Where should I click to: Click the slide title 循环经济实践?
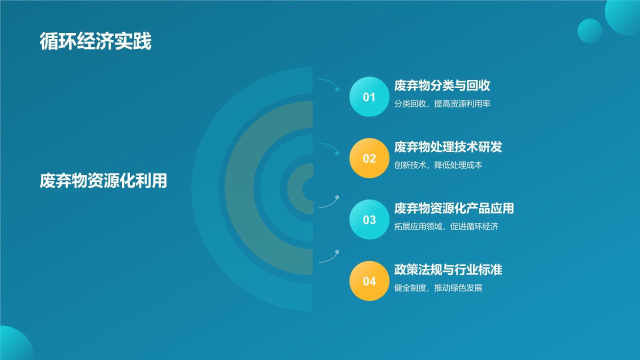click(x=95, y=41)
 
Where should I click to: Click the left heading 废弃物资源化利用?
click(x=103, y=180)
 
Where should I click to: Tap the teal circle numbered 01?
click(x=369, y=97)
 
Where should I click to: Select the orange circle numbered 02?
click(x=369, y=158)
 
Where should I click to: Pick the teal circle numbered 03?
click(x=369, y=219)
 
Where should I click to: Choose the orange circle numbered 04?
click(x=369, y=281)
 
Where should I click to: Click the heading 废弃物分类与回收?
click(x=442, y=85)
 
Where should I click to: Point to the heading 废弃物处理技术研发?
click(x=448, y=147)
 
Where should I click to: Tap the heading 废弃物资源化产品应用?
click(x=454, y=208)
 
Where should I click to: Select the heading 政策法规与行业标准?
click(x=448, y=269)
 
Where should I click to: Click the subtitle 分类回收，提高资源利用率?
click(x=442, y=103)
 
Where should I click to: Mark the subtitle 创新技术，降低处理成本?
click(x=438, y=165)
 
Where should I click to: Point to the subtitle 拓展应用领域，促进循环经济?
click(x=446, y=226)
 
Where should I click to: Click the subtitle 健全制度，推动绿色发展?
click(x=438, y=287)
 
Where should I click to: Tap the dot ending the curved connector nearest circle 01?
click(x=337, y=89)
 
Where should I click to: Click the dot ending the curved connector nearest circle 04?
click(x=337, y=252)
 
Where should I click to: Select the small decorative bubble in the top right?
click(x=590, y=31)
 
